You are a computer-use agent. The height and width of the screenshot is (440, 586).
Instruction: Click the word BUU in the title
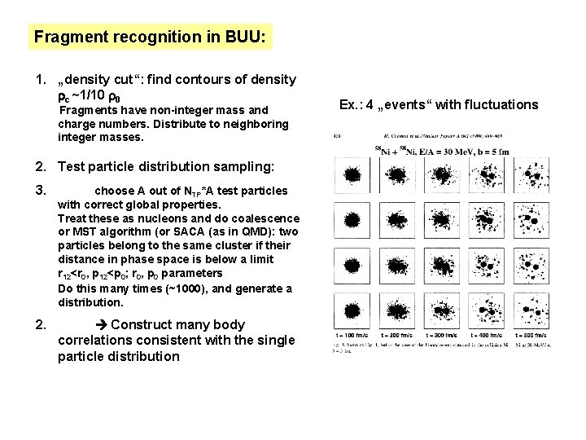pos(246,37)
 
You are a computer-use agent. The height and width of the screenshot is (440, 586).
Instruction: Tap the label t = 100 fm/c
pos(352,334)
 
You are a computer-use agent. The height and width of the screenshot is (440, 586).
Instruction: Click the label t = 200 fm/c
pos(396,334)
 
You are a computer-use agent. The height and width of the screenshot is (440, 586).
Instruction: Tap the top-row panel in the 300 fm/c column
pos(441,174)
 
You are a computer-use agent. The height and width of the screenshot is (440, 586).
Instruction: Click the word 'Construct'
pos(142,324)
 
